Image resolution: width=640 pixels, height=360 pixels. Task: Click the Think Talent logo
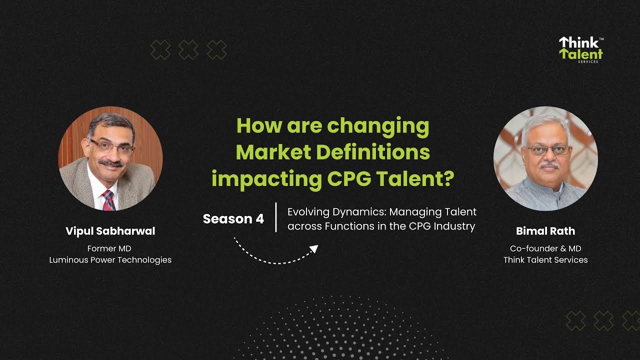(x=580, y=49)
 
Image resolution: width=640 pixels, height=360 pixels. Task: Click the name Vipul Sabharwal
(x=110, y=231)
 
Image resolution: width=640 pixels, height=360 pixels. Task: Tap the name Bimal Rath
(x=545, y=231)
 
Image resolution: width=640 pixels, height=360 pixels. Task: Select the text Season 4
(x=233, y=219)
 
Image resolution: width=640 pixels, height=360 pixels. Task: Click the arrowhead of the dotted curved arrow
(x=314, y=248)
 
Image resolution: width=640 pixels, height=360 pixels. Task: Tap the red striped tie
(x=108, y=200)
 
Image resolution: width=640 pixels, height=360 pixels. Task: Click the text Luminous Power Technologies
(x=110, y=259)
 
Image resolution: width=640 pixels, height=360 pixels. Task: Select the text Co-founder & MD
(x=545, y=248)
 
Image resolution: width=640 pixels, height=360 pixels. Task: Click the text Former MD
(x=110, y=248)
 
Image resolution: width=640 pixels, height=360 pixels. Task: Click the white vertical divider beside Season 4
(x=276, y=217)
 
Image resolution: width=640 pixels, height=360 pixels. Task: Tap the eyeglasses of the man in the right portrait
(x=548, y=149)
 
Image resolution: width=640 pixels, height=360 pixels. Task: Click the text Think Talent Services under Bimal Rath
(x=545, y=259)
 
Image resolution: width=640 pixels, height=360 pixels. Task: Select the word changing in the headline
(x=378, y=126)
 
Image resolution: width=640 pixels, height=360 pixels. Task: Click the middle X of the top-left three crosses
(x=188, y=50)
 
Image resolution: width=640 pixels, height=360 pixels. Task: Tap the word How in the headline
(x=259, y=125)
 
